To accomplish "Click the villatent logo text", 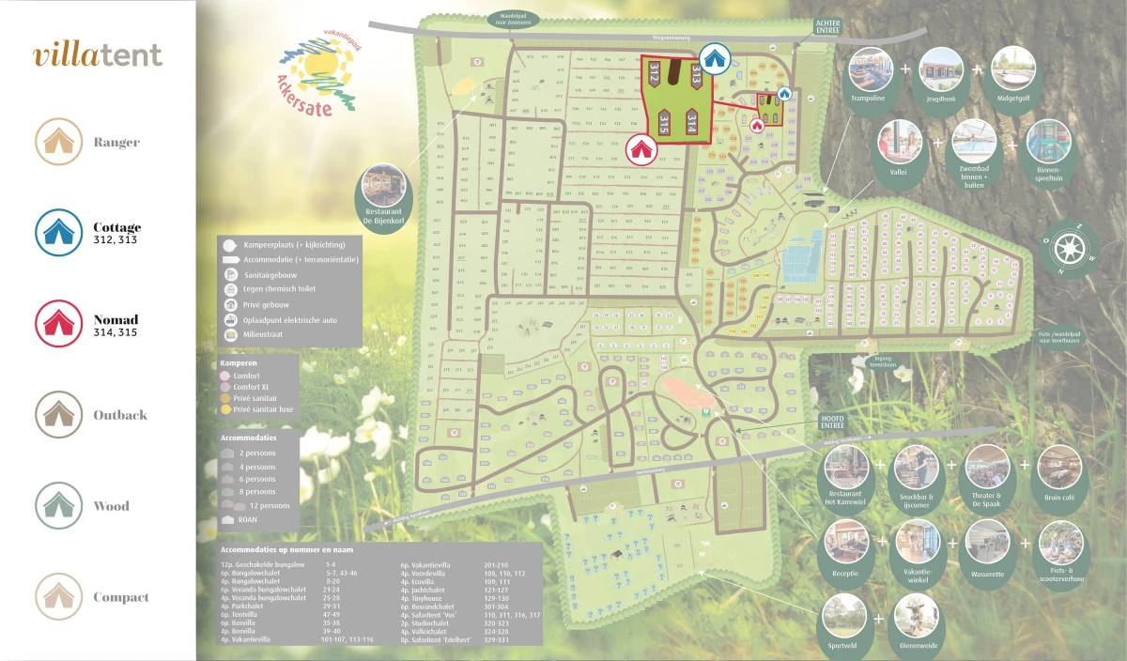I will pos(98,54).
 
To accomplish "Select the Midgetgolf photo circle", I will pos(1012,69).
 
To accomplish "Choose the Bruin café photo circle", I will pos(1060,467).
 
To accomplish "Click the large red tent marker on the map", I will pos(641,147).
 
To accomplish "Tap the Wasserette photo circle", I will pos(988,542).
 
